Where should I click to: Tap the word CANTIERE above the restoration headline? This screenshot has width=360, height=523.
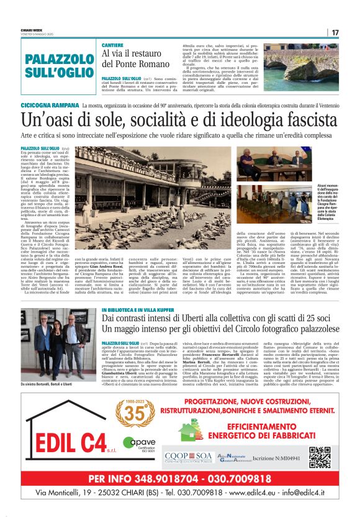[x=114, y=46]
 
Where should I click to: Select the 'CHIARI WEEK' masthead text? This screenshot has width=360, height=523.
[x=32, y=28]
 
